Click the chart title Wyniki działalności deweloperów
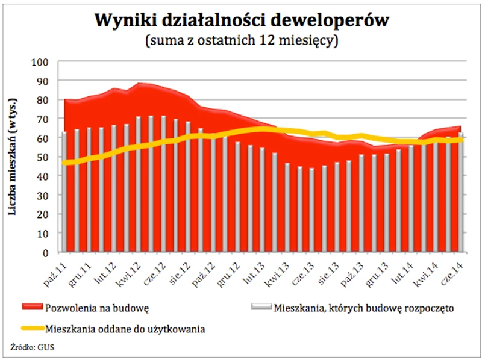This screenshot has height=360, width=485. tap(242, 20)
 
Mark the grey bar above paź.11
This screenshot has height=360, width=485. tap(64, 193)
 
